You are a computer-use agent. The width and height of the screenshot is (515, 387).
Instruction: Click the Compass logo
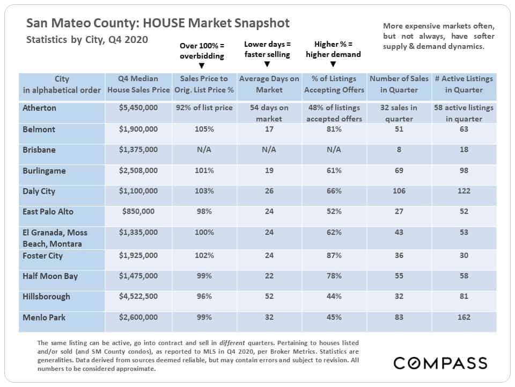click(440, 363)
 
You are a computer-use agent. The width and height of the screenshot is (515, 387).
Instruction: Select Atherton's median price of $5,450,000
click(138, 107)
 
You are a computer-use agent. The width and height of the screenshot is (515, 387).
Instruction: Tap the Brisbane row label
click(39, 150)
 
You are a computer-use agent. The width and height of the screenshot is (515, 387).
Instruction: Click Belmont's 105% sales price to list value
click(204, 129)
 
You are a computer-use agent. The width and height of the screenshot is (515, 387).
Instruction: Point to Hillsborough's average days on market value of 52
click(269, 296)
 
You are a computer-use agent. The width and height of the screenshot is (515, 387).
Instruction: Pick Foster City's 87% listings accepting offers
click(334, 255)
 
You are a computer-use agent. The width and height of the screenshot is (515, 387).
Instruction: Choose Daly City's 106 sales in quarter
click(399, 191)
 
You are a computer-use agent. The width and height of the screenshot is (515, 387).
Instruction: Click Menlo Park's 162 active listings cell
click(464, 317)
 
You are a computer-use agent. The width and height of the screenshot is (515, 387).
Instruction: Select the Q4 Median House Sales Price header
click(138, 84)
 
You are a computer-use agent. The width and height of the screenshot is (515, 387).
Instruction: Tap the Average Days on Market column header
click(269, 84)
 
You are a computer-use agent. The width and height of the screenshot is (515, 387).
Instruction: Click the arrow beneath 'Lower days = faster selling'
click(267, 64)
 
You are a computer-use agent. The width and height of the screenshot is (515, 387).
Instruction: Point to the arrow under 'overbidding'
click(202, 66)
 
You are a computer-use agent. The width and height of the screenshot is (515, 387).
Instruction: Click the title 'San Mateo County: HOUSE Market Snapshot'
click(158, 23)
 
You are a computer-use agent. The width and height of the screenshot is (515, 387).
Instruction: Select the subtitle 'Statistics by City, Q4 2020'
click(87, 39)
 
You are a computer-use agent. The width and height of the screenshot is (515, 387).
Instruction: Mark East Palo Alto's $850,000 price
click(138, 211)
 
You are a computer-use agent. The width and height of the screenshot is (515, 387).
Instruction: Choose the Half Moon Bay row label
click(50, 276)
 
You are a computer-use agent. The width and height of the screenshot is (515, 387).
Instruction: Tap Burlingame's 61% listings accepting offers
click(334, 170)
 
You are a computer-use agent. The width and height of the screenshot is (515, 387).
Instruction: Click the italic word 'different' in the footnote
click(232, 343)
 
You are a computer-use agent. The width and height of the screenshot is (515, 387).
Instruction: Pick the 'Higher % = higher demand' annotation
click(333, 49)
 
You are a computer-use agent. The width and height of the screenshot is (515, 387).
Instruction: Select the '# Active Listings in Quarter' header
click(464, 84)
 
